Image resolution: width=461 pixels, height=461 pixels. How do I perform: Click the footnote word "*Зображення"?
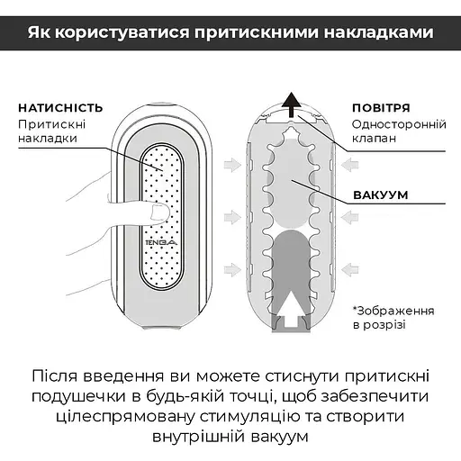393,310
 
